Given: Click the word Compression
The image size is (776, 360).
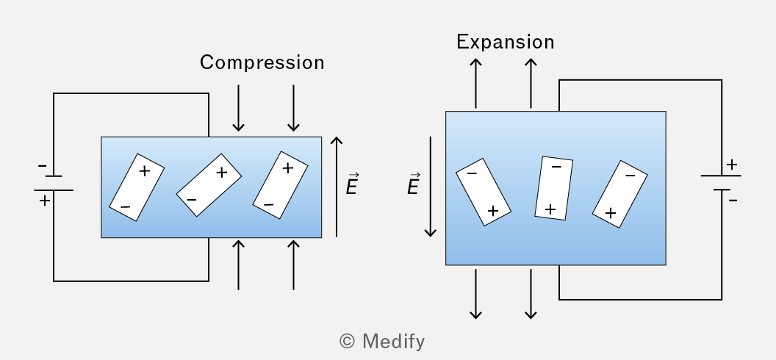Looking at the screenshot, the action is pyautogui.click(x=262, y=62).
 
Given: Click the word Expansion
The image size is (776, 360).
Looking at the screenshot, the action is pyautogui.click(x=506, y=42).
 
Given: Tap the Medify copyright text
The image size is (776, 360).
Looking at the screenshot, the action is pyautogui.click(x=382, y=341).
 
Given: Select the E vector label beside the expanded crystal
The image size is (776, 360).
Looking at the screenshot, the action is pyautogui.click(x=414, y=184).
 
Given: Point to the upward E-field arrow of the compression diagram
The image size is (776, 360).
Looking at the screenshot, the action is pyautogui.click(x=337, y=187).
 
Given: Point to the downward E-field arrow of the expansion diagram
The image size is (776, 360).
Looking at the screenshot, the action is pyautogui.click(x=431, y=187).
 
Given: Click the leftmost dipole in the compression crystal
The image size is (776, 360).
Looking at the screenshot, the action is pyautogui.click(x=137, y=187).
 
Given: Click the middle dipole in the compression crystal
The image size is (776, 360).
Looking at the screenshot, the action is pyautogui.click(x=209, y=185).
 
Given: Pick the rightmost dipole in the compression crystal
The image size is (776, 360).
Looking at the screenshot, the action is pyautogui.click(x=281, y=185).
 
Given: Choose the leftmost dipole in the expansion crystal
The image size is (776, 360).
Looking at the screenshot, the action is pyautogui.click(x=484, y=192).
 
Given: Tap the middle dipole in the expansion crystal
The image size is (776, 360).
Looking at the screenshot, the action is pyautogui.click(x=554, y=188).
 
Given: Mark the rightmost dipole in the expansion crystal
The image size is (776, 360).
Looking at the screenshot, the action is pyautogui.click(x=620, y=194).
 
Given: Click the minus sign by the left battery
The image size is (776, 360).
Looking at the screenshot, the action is pyautogui.click(x=43, y=166).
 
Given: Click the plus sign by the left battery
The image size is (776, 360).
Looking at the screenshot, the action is pyautogui.click(x=45, y=201).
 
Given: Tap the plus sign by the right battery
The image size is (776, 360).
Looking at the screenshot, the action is pyautogui.click(x=731, y=164).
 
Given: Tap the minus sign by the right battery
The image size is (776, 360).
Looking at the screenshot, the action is pyautogui.click(x=733, y=201).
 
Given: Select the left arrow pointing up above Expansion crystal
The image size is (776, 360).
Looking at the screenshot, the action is pyautogui.click(x=475, y=83).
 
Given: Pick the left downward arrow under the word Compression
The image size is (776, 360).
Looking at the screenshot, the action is pyautogui.click(x=239, y=108).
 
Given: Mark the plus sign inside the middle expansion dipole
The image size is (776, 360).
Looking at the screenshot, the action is pyautogui.click(x=550, y=209).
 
